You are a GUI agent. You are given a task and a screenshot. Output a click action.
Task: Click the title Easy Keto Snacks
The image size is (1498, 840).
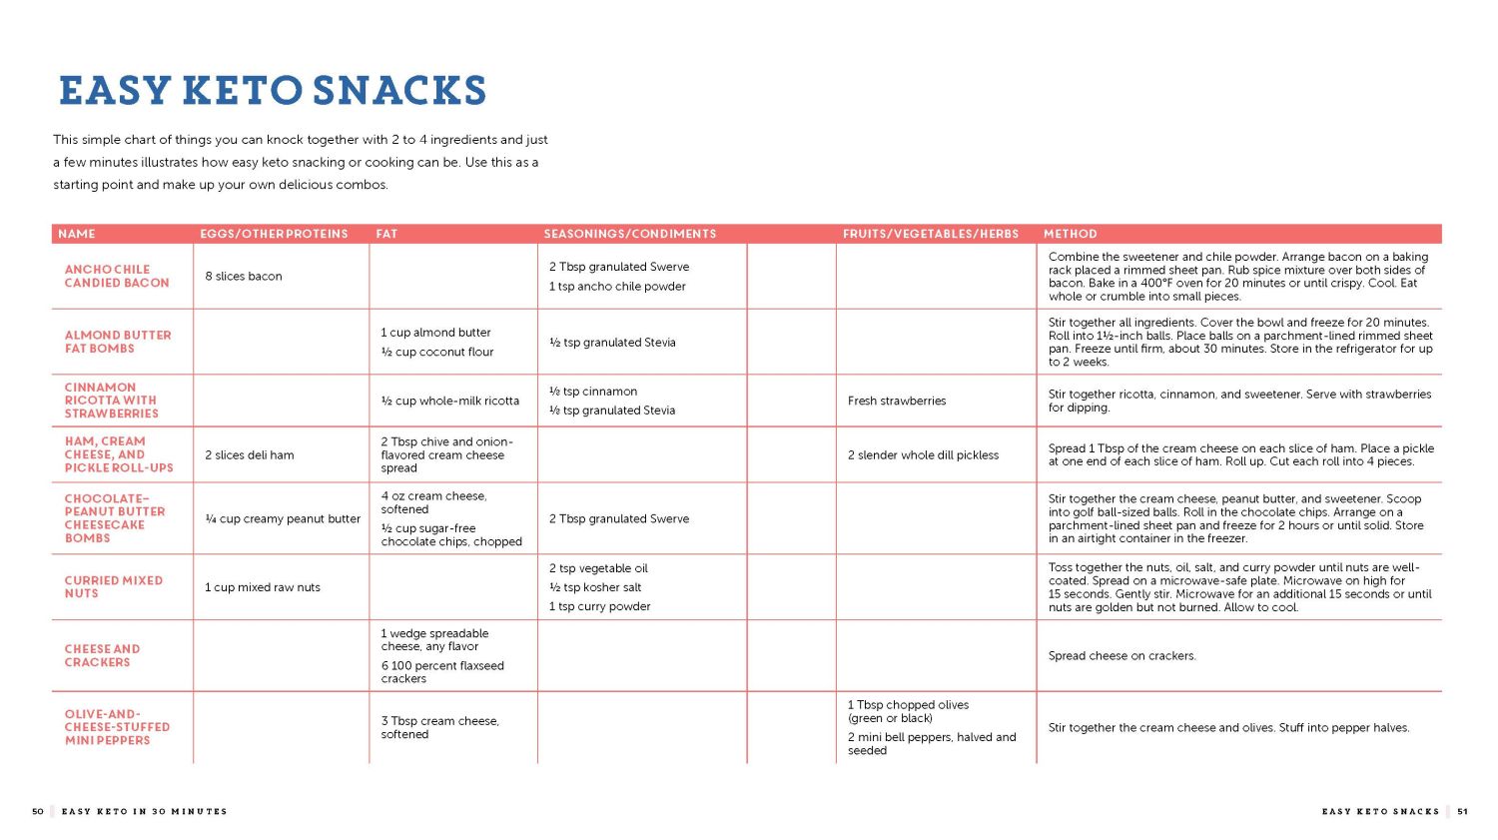tap(273, 91)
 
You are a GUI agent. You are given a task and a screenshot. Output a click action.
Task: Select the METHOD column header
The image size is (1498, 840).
tap(1070, 234)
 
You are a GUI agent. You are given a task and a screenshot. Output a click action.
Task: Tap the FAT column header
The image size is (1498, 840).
tap(386, 234)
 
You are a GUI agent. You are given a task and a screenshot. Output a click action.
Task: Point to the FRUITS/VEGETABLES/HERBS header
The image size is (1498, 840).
tap(930, 234)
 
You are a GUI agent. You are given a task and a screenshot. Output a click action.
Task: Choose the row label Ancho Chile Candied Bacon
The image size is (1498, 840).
tap(117, 277)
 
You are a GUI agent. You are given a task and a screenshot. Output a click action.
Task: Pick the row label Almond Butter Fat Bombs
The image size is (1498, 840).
tap(118, 342)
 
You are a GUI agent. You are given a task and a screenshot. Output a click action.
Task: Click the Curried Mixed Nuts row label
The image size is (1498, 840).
tap(113, 587)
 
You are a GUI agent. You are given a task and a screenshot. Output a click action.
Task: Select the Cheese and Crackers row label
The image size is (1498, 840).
tap(102, 655)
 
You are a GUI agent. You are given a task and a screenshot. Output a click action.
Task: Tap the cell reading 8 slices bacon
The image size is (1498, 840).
tap(244, 277)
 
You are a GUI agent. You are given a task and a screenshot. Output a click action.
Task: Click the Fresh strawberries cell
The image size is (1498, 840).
tap(897, 402)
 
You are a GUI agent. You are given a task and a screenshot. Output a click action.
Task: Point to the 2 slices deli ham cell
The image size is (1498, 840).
tap(250, 455)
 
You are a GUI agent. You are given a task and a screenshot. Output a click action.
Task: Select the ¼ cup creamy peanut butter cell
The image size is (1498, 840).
tap(283, 519)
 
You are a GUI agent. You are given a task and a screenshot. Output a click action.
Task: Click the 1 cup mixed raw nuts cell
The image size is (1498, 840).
tap(263, 587)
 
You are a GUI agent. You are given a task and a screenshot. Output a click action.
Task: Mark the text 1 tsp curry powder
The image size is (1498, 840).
tap(599, 606)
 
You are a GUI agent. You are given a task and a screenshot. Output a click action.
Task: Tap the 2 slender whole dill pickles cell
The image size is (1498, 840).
tap(923, 455)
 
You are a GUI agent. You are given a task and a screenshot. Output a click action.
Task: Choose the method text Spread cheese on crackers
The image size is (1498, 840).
tap(1122, 656)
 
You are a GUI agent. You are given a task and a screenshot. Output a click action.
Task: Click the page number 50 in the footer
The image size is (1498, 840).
tap(38, 812)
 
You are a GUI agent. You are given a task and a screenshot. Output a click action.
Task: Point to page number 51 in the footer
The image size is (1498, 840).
tap(1462, 812)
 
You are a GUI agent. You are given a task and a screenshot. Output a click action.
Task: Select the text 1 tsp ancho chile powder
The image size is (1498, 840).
tap(617, 287)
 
